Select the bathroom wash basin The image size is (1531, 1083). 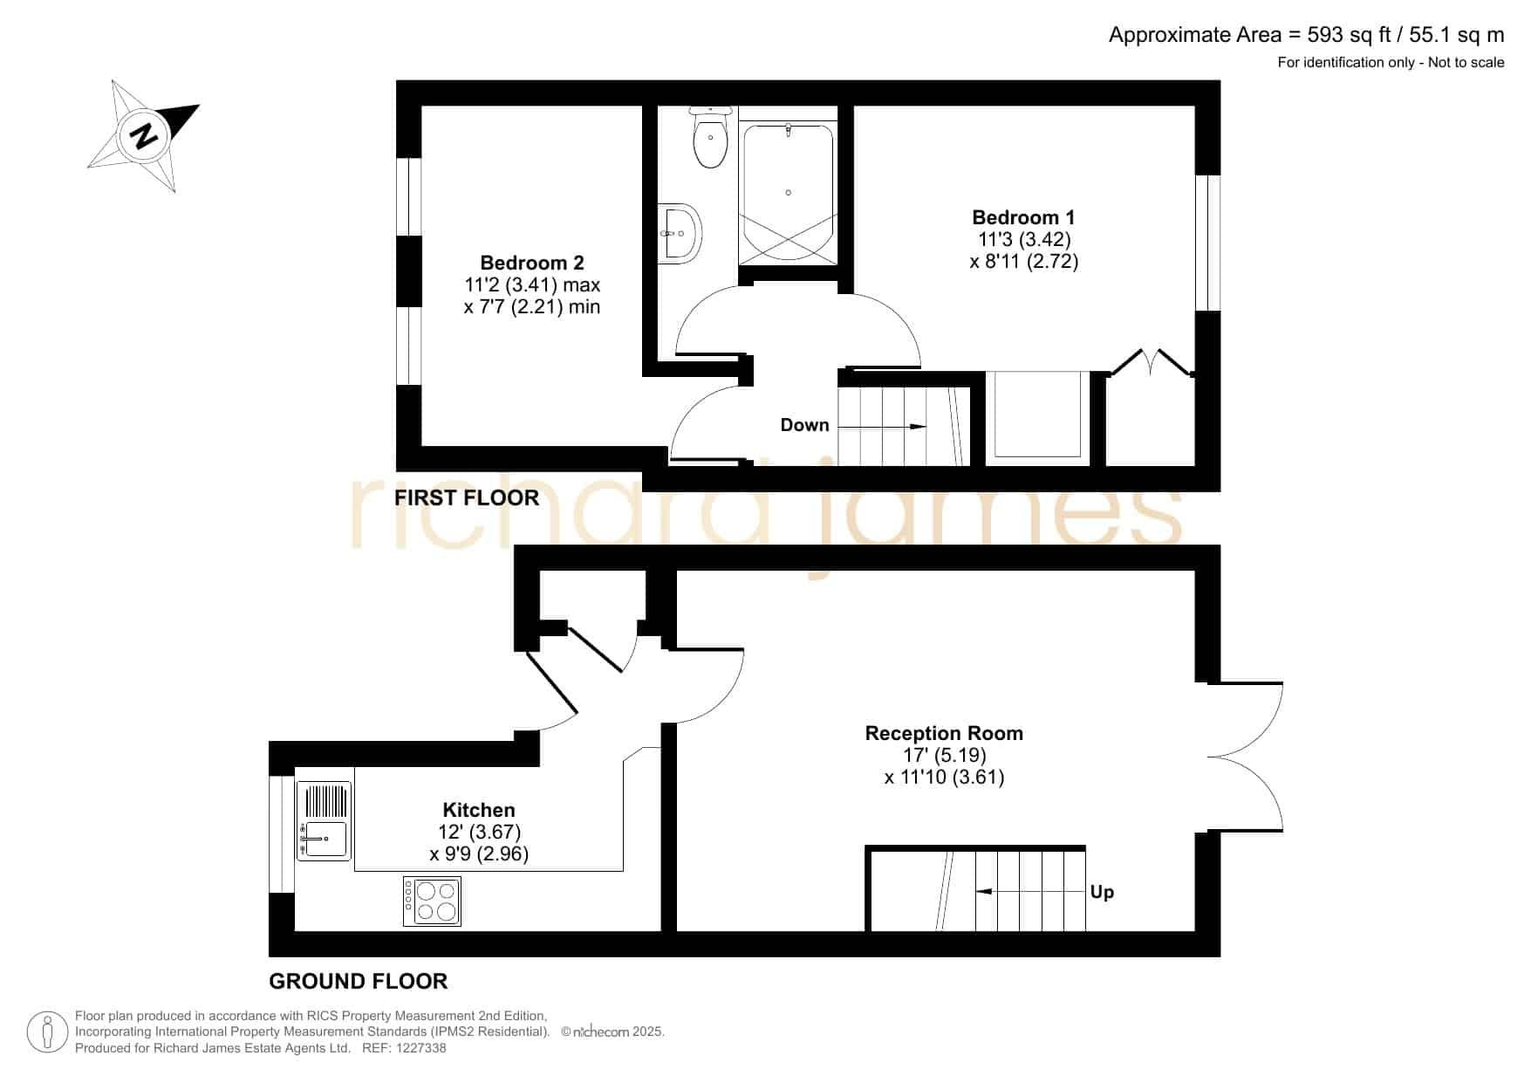tap(680, 233)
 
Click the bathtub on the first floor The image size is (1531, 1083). tap(788, 192)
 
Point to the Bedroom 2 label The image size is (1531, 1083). tap(532, 263)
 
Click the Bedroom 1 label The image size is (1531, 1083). tap(1024, 217)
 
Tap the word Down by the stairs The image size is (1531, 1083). tap(804, 425)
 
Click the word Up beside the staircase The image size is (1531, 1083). tap(1102, 893)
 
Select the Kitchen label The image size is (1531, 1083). tap(479, 810)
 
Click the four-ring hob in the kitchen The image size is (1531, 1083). tap(432, 901)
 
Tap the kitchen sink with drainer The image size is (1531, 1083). tap(324, 821)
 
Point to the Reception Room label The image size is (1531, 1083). tap(944, 733)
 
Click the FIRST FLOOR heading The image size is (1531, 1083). tap(467, 497)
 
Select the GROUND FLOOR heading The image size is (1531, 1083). tap(359, 981)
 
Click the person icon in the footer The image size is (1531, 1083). tap(48, 1032)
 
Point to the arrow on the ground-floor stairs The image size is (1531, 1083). tap(1029, 892)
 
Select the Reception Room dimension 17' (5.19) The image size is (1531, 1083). tap(945, 755)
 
